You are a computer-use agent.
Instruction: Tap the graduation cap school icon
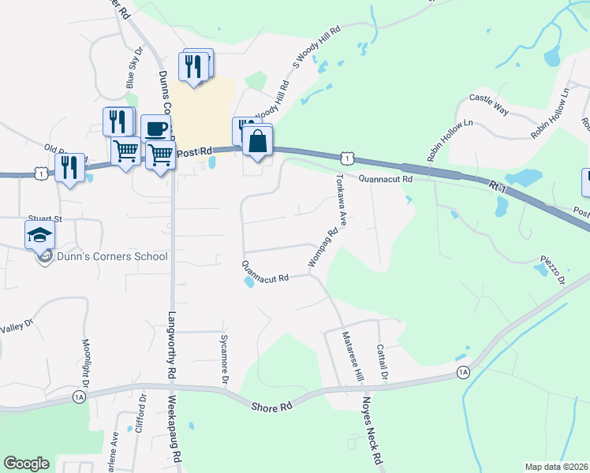tap(40, 234)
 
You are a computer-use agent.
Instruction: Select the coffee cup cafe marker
tap(156, 128)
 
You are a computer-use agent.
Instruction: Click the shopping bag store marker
tap(258, 142)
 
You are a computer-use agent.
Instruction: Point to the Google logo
tap(26, 464)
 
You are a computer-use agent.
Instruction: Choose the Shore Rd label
tap(271, 407)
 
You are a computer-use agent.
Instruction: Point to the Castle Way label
tap(488, 103)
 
